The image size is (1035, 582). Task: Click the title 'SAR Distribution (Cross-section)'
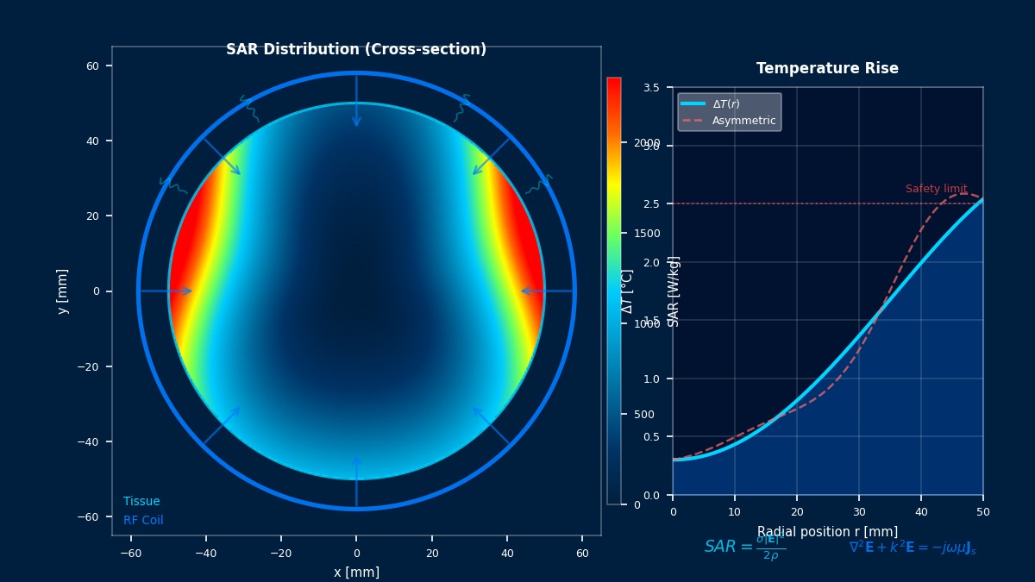(356, 50)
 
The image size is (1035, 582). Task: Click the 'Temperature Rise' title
(827, 69)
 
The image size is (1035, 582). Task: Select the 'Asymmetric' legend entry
(743, 121)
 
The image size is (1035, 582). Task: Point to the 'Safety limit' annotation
(936, 189)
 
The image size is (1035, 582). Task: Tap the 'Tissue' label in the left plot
(141, 502)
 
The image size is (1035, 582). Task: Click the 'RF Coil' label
(143, 521)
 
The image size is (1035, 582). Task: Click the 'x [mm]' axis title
(356, 573)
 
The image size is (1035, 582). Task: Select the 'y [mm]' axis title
(63, 291)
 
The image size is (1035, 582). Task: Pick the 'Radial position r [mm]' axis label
(827, 532)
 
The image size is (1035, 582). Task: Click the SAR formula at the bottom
(744, 548)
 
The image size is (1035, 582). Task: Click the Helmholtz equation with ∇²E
(913, 548)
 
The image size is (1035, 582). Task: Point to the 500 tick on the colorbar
(643, 415)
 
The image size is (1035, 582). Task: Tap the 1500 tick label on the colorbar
(646, 234)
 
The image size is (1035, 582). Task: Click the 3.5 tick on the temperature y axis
(651, 88)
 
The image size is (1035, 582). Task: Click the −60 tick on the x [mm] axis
(130, 553)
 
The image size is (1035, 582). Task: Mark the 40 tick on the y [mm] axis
(91, 141)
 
